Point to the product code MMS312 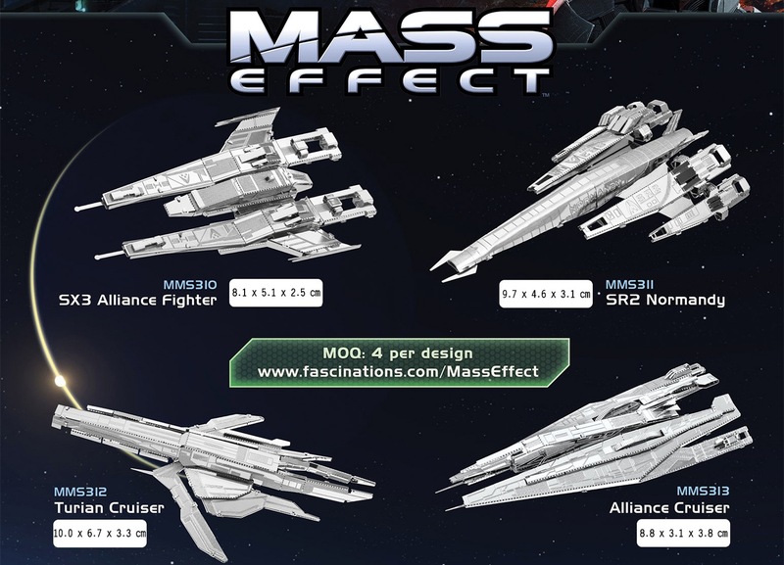coord(80,491)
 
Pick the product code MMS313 coord(703,491)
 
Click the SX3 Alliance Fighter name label coord(136,300)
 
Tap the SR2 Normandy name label coord(665,300)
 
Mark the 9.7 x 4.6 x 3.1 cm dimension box coord(545,293)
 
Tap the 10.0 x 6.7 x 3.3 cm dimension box coord(101,535)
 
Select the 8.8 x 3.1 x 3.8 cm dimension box coord(682,535)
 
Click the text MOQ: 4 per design coord(397,353)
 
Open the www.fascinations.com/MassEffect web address coord(397,372)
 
